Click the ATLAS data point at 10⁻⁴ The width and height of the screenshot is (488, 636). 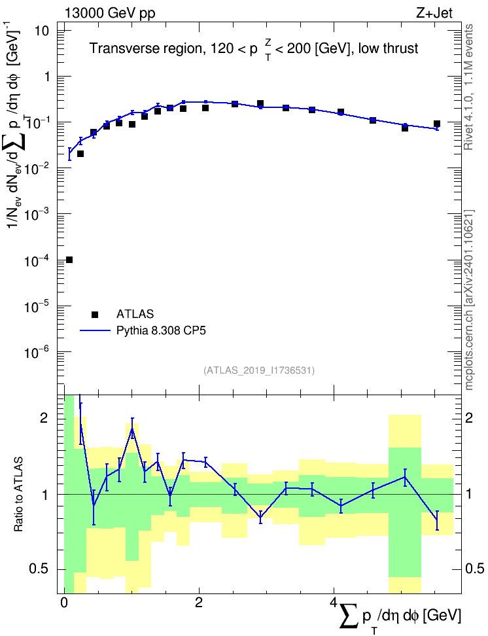click(69, 260)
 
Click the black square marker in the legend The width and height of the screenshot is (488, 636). click(95, 314)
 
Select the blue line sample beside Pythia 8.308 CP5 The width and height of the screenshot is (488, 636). click(95, 330)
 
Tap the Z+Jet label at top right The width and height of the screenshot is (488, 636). click(434, 13)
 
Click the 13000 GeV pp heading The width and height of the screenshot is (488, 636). click(110, 13)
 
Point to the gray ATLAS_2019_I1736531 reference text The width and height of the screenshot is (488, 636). click(259, 370)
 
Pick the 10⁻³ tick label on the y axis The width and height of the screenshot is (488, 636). click(37, 214)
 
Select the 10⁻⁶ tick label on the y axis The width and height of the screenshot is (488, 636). click(37, 352)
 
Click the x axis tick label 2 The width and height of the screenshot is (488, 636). click(199, 603)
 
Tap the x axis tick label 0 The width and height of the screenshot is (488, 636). click(64, 603)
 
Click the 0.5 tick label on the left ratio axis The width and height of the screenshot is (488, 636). click(39, 569)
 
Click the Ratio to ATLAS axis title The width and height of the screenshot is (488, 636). click(18, 494)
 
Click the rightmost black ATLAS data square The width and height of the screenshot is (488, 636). click(437, 124)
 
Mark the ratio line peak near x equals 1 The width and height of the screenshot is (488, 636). click(132, 429)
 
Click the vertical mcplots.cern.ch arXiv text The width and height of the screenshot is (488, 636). click(469, 300)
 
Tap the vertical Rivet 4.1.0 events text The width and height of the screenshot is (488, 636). click(469, 87)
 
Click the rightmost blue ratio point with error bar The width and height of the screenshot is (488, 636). click(437, 520)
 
